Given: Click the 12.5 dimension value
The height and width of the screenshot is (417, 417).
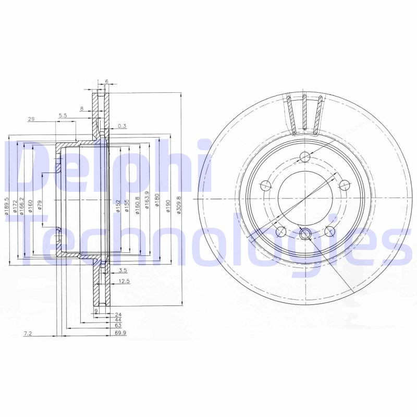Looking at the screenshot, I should pos(124,281).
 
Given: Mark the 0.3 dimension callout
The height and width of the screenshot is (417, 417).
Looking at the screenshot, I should pos(122,126).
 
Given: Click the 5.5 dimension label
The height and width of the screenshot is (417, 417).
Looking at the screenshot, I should pos(63,116).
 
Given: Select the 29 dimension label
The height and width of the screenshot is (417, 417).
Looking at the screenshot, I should pos(31,119).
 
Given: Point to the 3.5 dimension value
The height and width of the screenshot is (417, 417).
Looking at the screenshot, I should pos(122,271).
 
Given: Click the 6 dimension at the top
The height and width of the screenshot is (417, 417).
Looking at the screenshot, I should pos(106,81).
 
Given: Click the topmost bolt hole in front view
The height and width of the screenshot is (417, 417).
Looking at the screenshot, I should pos(306,158).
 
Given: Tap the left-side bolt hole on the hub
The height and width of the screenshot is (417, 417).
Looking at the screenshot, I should pos(266,184).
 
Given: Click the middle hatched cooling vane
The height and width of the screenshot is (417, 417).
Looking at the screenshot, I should pos(304,112).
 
